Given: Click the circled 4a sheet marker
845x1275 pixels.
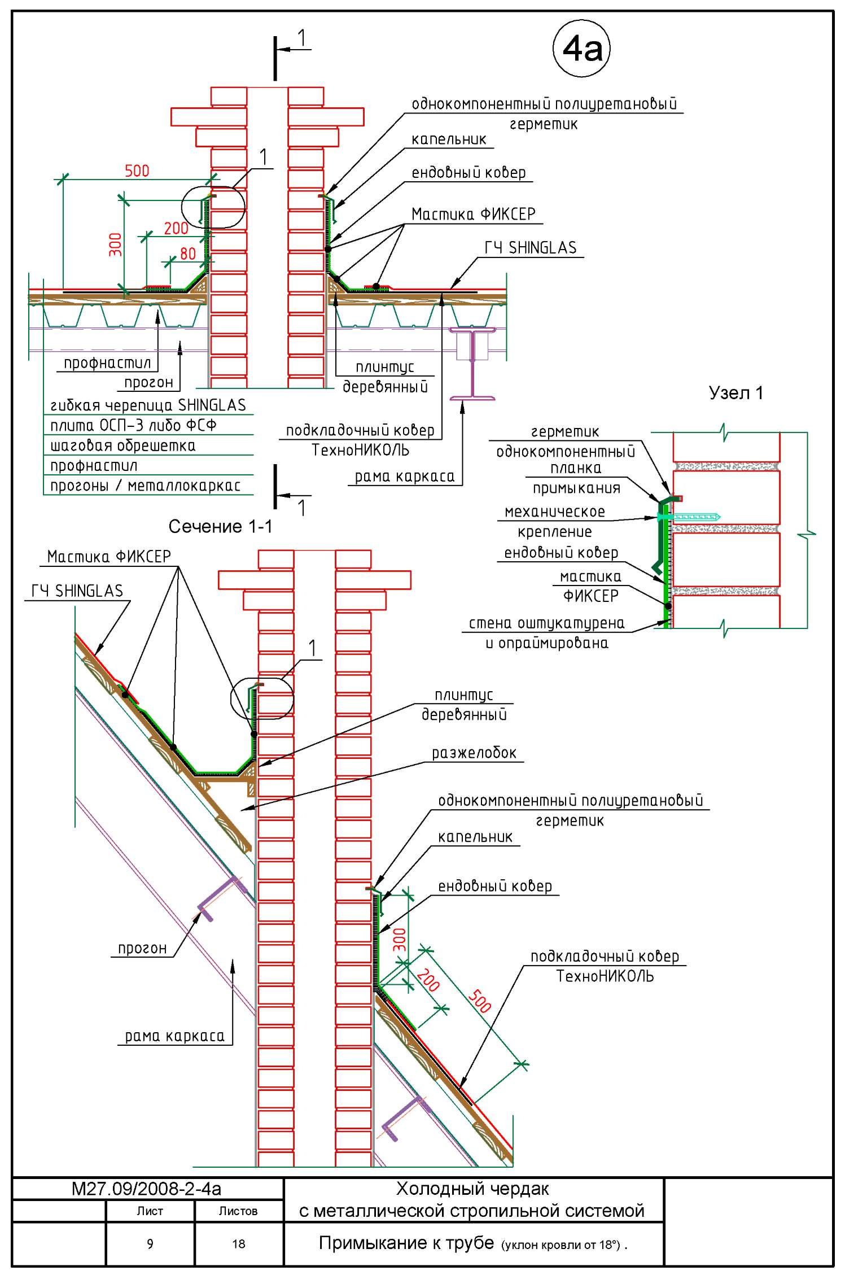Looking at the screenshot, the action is [581, 49].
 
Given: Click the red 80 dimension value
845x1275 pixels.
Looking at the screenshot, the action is [188, 254].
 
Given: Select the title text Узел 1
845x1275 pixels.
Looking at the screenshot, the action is [736, 393].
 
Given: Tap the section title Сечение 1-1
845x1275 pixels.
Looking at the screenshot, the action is [220, 527].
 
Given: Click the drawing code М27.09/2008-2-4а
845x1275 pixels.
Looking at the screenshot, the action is [147, 1189].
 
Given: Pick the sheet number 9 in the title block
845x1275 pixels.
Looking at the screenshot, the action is [150, 1244].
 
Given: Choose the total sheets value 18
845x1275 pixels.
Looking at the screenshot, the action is [239, 1244].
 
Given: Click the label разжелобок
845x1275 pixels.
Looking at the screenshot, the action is [474, 753].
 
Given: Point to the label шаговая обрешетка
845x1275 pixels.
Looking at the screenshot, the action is [123, 446].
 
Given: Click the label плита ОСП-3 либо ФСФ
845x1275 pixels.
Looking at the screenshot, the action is [134, 425].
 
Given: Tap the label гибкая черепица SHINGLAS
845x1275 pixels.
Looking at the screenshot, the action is [148, 405].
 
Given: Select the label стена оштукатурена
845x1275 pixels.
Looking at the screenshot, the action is [547, 623].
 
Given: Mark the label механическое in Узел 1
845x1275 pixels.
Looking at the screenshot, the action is [555, 512].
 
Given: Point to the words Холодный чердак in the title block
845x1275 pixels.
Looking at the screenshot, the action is [473, 1189].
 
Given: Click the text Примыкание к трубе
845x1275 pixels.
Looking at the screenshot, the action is [406, 1243].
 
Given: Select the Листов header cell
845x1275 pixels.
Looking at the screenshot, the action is [238, 1211].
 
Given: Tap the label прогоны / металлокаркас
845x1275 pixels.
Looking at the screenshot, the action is [146, 486].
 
